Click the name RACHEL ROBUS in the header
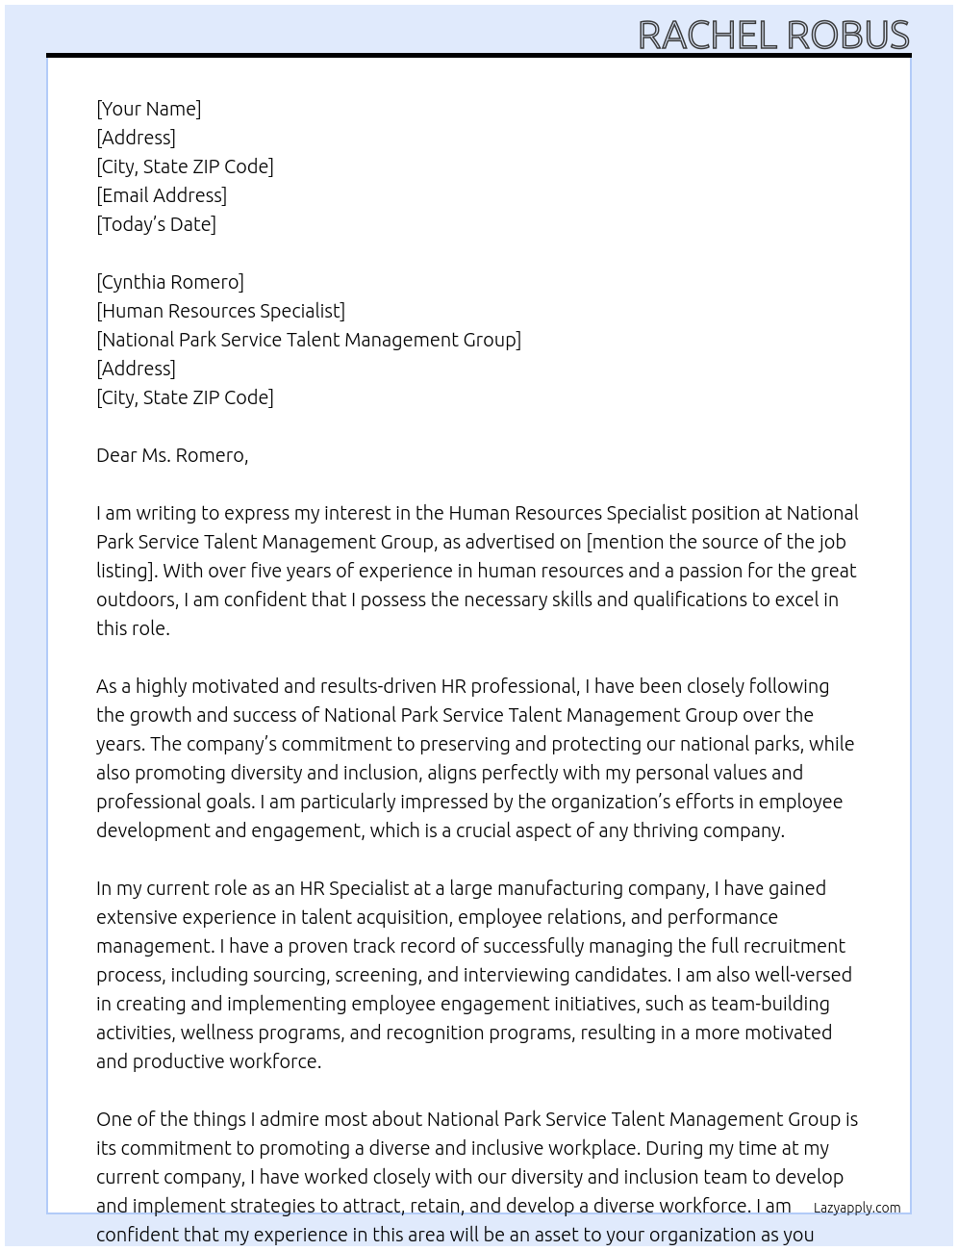click(x=773, y=36)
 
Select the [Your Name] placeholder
click(x=148, y=109)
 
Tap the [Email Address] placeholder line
click(x=162, y=195)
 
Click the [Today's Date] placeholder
click(x=156, y=224)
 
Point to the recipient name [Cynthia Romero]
click(x=170, y=282)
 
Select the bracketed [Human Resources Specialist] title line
click(x=220, y=311)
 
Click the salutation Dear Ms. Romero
click(x=172, y=455)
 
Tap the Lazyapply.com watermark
click(x=856, y=1208)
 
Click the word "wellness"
click(x=218, y=1033)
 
